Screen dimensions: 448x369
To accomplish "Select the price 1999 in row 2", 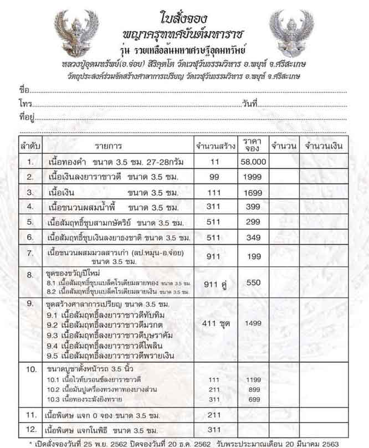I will tap(253, 177).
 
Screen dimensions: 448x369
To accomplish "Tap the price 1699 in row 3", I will tap(253, 192).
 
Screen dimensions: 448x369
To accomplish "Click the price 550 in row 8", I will tap(253, 282).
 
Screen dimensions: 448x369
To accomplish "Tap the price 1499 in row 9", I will tap(253, 323).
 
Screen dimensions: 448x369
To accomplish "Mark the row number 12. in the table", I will tap(31, 429).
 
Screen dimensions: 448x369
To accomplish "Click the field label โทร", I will tap(24, 104).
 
